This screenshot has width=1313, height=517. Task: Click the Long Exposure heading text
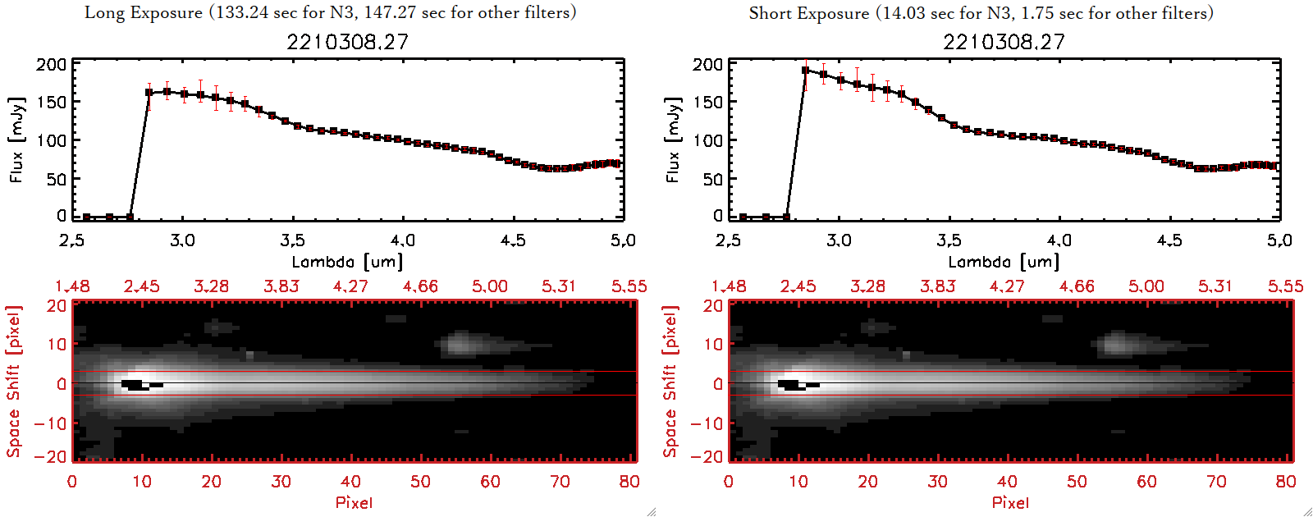[330, 12]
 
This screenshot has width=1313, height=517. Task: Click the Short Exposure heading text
[981, 13]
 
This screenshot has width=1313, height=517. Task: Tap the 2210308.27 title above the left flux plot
[347, 42]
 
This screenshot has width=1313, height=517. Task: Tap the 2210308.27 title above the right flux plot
[1004, 42]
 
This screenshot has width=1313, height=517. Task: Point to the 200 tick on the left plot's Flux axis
[51, 65]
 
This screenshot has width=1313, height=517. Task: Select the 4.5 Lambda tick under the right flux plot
[1169, 240]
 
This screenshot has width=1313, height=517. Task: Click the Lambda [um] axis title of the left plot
[347, 262]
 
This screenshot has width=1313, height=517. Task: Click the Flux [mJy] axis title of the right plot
[673, 140]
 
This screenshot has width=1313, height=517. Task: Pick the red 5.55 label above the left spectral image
[629, 286]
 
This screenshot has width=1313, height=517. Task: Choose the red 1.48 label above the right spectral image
[729, 286]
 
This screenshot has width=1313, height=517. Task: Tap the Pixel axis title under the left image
[354, 502]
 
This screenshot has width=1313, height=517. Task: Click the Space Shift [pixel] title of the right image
[670, 382]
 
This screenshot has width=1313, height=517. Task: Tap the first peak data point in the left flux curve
[149, 93]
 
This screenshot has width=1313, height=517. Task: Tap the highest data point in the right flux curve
[806, 71]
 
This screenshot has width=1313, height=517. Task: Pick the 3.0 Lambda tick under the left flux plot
[182, 240]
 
